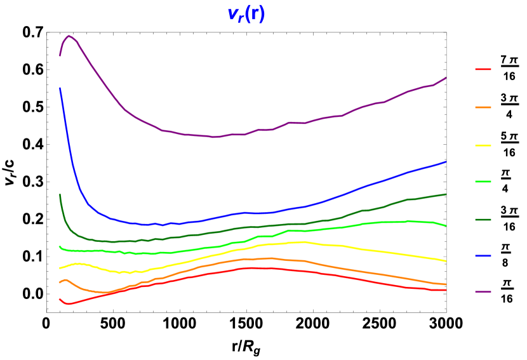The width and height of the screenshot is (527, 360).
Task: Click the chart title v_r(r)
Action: click(x=246, y=14)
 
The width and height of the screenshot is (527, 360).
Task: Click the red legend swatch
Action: click(x=483, y=69)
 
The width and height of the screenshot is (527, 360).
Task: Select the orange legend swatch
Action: click(x=483, y=107)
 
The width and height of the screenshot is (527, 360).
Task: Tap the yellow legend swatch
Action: click(x=483, y=145)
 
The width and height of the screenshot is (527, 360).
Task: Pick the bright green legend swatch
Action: click(x=483, y=182)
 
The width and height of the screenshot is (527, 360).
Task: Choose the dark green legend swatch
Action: click(x=483, y=220)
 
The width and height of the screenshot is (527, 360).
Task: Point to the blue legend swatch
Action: click(x=483, y=256)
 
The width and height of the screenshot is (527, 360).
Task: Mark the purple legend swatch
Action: click(x=483, y=291)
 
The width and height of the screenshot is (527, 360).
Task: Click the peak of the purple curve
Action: click(x=69, y=36)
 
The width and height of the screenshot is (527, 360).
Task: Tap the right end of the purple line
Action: click(x=446, y=77)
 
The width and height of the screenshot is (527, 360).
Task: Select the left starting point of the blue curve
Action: click(x=60, y=88)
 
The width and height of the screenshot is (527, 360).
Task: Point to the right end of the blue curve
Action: click(x=446, y=162)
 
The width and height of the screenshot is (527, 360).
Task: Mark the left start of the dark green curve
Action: click(x=60, y=195)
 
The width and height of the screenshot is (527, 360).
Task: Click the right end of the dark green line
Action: click(x=446, y=194)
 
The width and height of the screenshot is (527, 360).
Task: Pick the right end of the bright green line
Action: click(x=446, y=225)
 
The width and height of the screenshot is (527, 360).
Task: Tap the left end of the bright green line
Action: click(x=60, y=246)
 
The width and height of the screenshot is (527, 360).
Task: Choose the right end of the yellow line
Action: click(x=446, y=260)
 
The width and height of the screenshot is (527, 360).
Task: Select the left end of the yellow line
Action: click(x=60, y=268)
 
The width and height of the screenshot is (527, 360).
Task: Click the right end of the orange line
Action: click(x=446, y=284)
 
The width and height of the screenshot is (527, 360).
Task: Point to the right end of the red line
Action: click(x=446, y=290)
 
